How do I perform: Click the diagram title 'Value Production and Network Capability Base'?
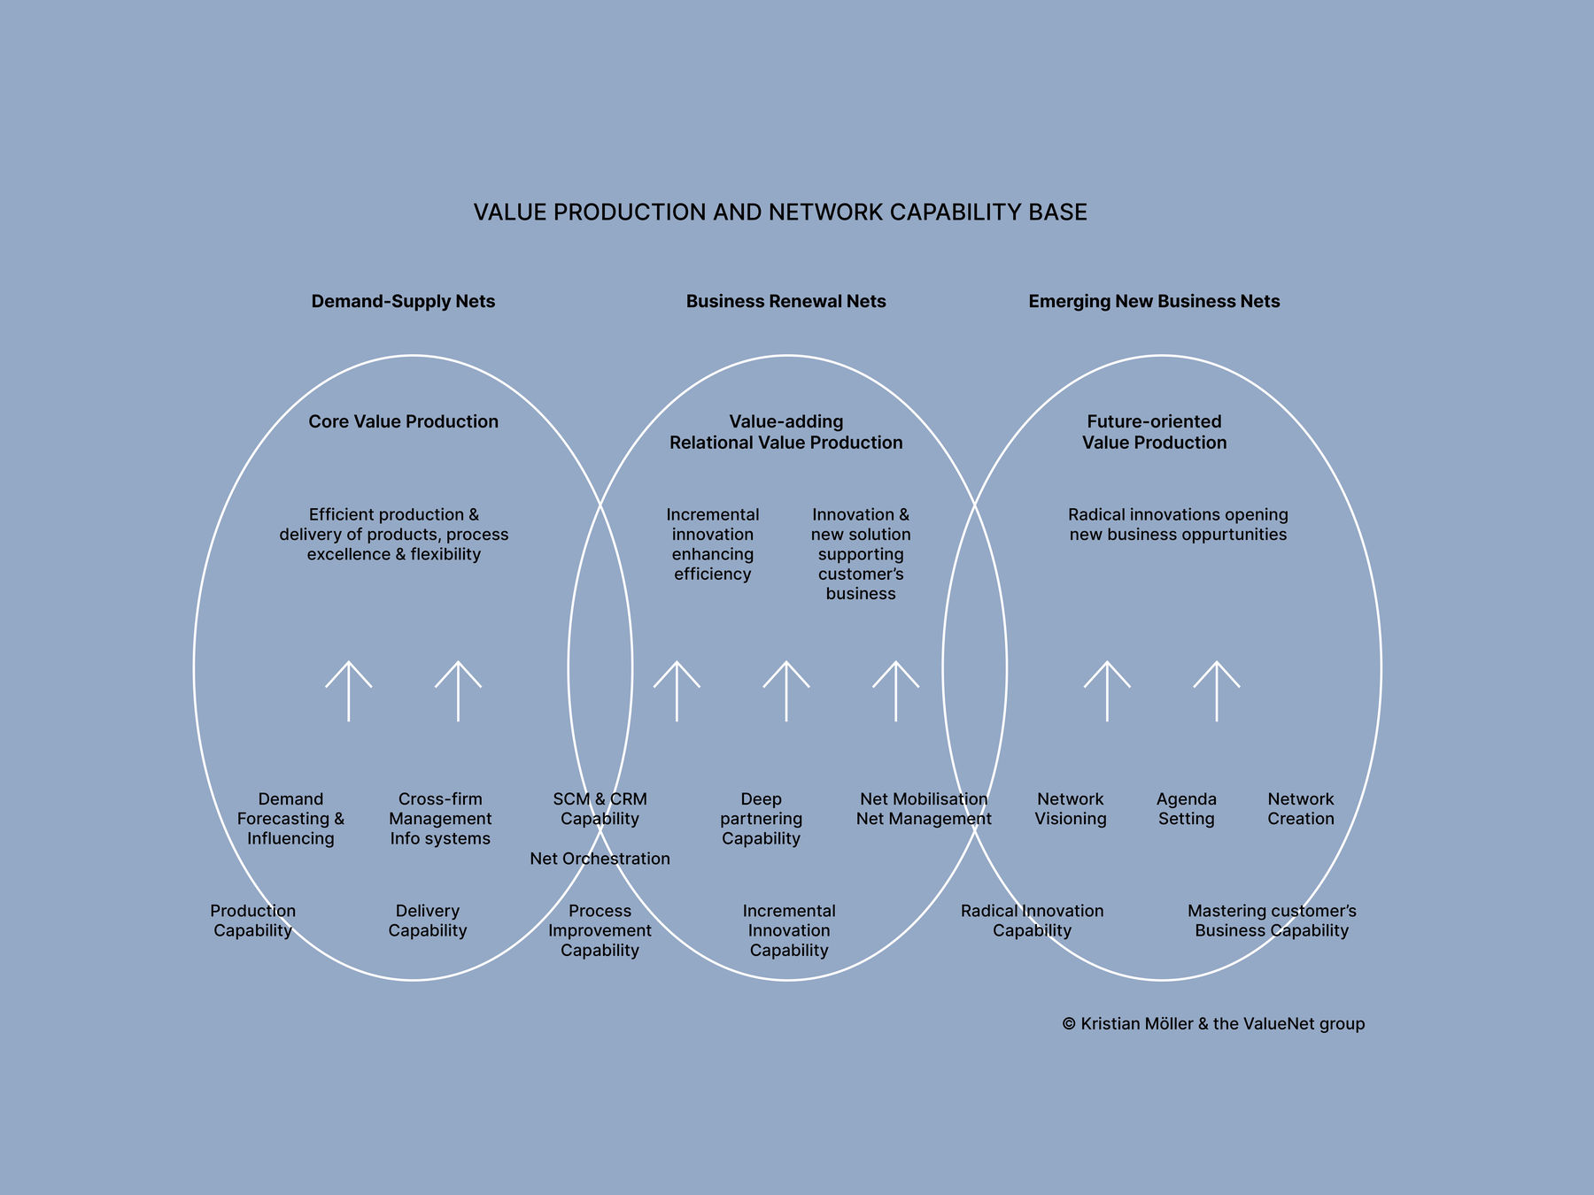pos(780,212)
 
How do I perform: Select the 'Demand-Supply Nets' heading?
pos(403,302)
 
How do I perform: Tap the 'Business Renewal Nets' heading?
pos(785,302)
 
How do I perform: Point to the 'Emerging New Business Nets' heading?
pos(1154,302)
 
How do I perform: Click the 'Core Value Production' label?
pos(403,422)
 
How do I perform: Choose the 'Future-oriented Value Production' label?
pos(1154,432)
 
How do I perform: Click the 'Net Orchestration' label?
pos(600,859)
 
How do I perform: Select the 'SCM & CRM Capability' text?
pos(600,809)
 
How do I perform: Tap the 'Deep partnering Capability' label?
pos(761,819)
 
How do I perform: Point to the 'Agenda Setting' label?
pos(1186,809)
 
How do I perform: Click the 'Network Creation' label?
pos(1300,809)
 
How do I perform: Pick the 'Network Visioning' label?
pos(1071,809)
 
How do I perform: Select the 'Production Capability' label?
pos(252,921)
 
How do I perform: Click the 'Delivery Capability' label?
pos(427,921)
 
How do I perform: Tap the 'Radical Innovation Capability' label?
pos(1032,921)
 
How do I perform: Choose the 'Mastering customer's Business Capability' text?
pos(1272,921)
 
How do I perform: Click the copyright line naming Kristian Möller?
pos(1213,1024)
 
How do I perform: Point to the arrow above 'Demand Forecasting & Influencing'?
pos(348,690)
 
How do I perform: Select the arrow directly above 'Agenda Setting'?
pos(1216,690)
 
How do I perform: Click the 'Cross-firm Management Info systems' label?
pos(440,819)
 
